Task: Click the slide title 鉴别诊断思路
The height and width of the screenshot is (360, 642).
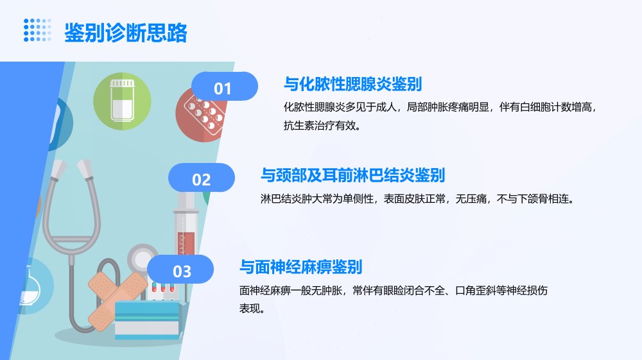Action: pyautogui.click(x=126, y=33)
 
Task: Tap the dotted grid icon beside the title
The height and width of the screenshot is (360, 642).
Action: pyautogui.click(x=37, y=30)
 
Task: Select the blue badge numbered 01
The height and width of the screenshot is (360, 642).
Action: pyautogui.click(x=224, y=87)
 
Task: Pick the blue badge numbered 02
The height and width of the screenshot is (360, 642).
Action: pyautogui.click(x=202, y=178)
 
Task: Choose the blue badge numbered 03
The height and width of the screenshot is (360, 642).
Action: pyautogui.click(x=180, y=269)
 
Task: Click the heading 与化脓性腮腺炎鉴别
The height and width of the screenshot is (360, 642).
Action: pyautogui.click(x=352, y=84)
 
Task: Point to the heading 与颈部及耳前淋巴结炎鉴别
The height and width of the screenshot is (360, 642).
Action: pyautogui.click(x=352, y=175)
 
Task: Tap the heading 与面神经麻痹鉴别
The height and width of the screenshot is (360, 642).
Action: pyautogui.click(x=301, y=267)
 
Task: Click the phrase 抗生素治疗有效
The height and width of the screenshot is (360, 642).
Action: pyautogui.click(x=319, y=125)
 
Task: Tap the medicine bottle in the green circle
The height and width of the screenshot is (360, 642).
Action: pyautogui.click(x=123, y=100)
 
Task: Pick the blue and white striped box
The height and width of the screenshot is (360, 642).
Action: pyautogui.click(x=148, y=320)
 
